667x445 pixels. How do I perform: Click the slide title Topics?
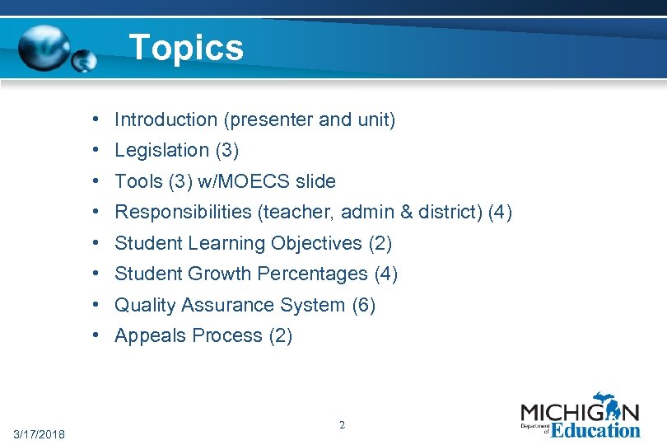click(x=187, y=47)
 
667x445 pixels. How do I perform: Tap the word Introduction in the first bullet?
click(x=166, y=120)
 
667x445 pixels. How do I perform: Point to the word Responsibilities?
click(x=184, y=213)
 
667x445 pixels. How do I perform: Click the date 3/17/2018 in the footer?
click(x=40, y=434)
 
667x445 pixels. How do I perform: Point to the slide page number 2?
click(x=342, y=425)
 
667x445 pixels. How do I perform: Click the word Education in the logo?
click(x=595, y=430)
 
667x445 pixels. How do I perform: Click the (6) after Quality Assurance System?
click(x=363, y=306)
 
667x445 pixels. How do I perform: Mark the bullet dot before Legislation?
click(x=96, y=151)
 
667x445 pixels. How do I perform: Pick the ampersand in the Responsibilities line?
click(x=406, y=213)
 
